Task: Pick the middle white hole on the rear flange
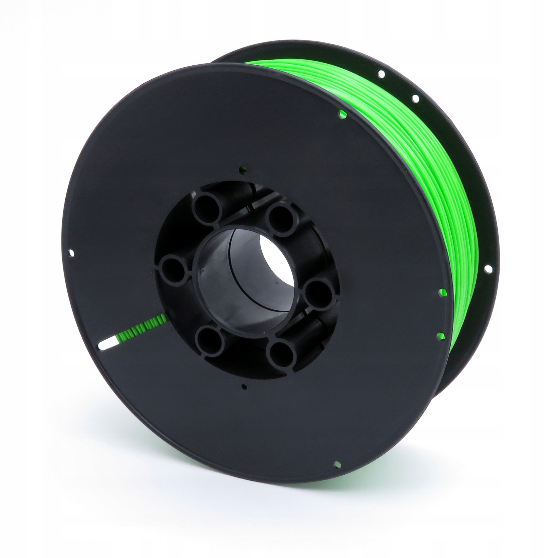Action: click(x=416, y=99)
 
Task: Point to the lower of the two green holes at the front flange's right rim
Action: click(x=441, y=335)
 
